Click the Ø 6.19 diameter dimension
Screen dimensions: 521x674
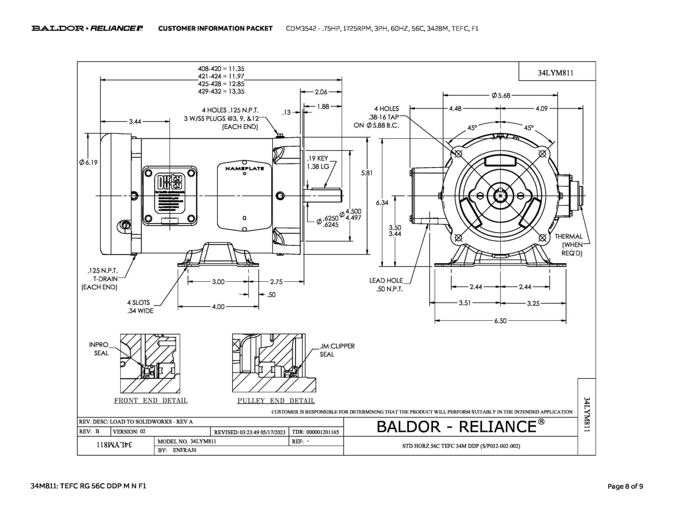coord(89,162)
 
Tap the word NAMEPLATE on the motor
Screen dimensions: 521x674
coord(245,169)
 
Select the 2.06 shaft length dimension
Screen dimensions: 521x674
coord(321,92)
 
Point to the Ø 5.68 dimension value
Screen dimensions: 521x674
coord(501,96)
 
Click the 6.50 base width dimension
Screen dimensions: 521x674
coord(500,321)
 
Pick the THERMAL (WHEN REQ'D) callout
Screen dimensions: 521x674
coord(572,245)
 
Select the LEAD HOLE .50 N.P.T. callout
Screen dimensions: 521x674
coord(386,285)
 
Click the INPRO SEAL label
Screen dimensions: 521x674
coord(99,349)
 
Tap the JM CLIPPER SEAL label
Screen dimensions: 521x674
coord(337,350)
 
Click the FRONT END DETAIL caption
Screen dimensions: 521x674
coord(151,401)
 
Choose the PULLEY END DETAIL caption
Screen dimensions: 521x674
coord(276,401)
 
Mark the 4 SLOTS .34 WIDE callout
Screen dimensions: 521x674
coord(140,307)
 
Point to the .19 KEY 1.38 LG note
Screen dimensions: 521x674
coord(318,162)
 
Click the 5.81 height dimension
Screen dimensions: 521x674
coord(367,173)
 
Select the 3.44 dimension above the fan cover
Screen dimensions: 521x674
coord(135,122)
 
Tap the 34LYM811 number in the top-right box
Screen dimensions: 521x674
coord(556,73)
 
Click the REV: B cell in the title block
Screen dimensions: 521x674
coord(89,431)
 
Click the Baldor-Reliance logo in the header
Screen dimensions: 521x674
coord(87,28)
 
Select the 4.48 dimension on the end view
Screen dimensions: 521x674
coord(455,108)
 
